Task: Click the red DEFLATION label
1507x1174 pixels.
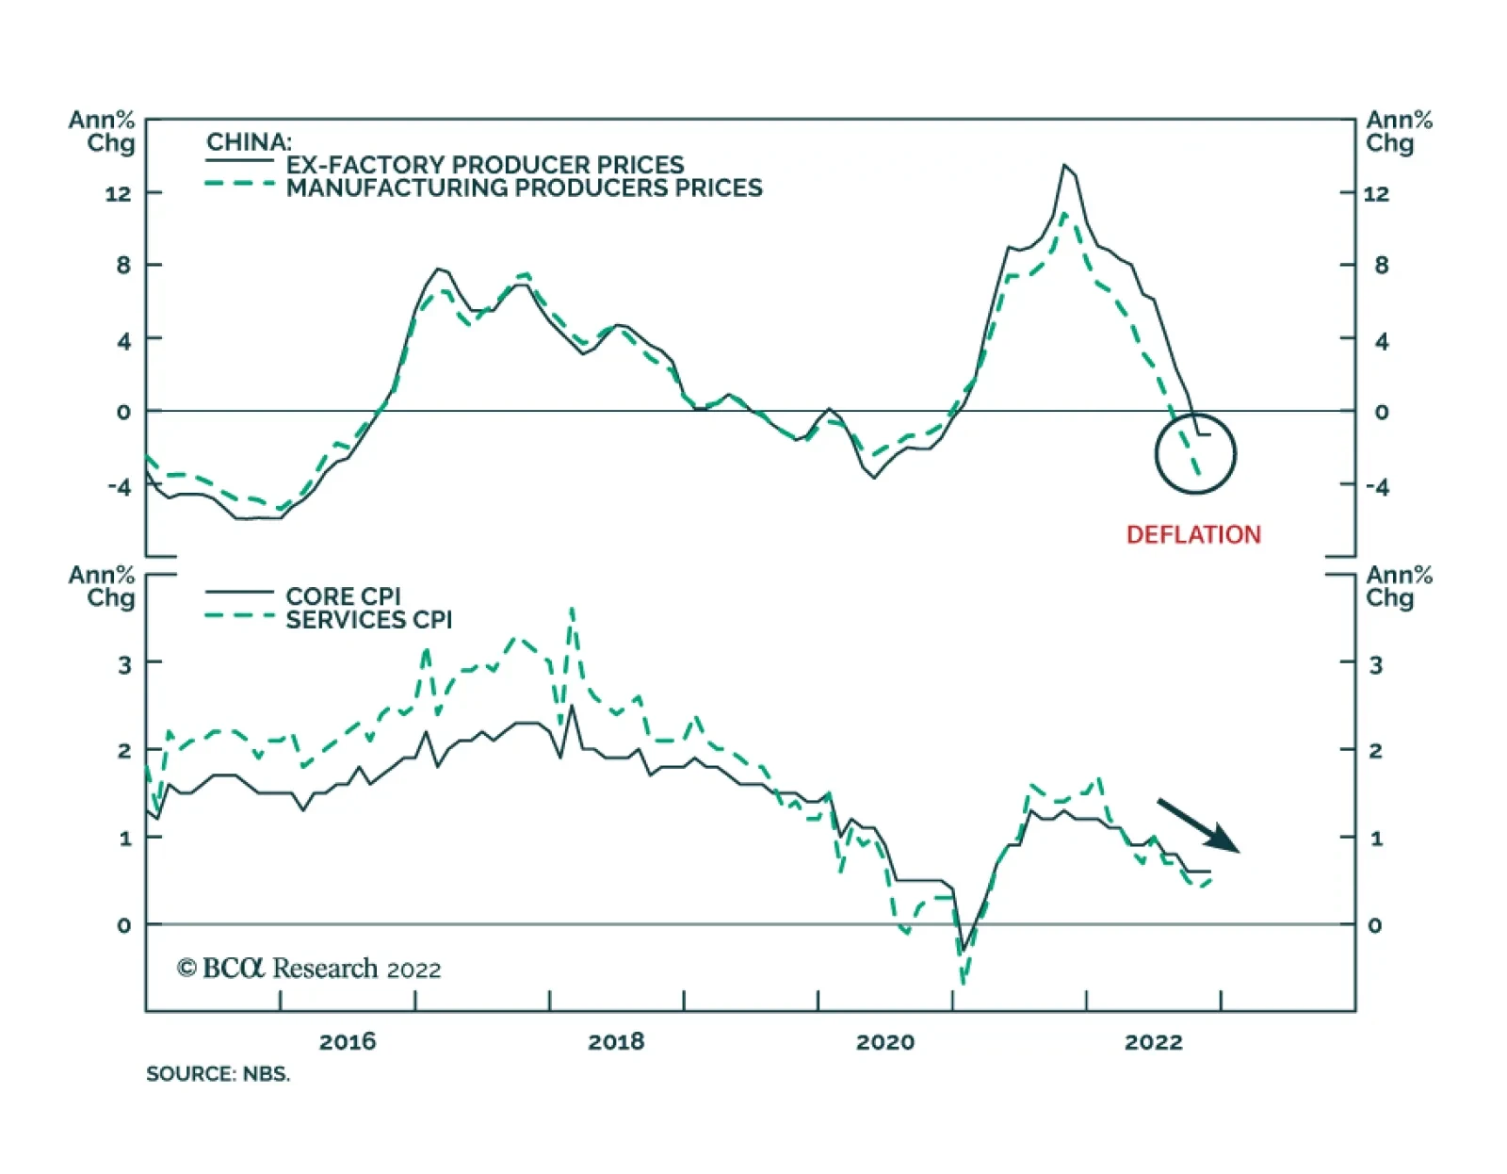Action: coord(1193,534)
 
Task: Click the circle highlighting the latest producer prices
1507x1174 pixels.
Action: coord(1194,453)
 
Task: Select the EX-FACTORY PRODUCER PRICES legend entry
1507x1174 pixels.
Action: coord(485,165)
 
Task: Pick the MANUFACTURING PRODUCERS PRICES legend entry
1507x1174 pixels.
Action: coord(524,188)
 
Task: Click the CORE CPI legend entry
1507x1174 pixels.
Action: coord(343,596)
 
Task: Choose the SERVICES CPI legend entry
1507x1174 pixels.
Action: coord(368,620)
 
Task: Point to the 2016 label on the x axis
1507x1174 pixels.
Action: coord(348,1041)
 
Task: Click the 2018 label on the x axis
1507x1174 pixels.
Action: coord(616,1041)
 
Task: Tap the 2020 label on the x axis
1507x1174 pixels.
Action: coord(884,1041)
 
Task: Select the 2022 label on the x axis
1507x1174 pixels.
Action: coord(1153,1041)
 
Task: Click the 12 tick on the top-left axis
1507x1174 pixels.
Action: coord(119,193)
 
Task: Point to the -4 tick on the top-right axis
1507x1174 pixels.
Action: coord(1378,487)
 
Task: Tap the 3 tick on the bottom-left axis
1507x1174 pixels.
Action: coord(125,664)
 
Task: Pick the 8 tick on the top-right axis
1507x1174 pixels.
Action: coord(1381,265)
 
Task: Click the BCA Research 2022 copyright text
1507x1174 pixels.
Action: coord(309,969)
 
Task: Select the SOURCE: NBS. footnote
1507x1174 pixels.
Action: coord(218,1074)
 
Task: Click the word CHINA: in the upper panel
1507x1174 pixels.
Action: coord(249,142)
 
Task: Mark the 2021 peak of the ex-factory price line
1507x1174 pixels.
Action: coord(1064,165)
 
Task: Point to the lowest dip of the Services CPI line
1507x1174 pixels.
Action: coord(963,984)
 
